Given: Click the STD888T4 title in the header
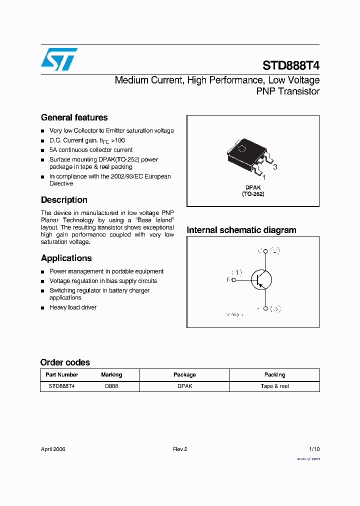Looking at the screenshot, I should click(291, 66).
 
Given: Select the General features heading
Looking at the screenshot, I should click(74, 117).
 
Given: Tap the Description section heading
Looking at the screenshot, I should click(64, 200).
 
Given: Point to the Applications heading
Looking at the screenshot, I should click(66, 258).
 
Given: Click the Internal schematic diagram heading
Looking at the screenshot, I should click(241, 230).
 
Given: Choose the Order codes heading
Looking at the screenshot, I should click(65, 362).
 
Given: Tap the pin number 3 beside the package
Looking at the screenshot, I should click(274, 167).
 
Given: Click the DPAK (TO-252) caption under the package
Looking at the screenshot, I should click(253, 190).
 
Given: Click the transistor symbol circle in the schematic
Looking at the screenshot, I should click(260, 280).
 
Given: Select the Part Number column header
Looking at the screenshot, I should click(61, 374).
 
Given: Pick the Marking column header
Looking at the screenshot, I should click(111, 374).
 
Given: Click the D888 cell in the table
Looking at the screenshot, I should click(111, 386).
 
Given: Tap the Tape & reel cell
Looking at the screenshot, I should click(274, 386).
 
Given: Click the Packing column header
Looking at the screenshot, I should click(274, 374).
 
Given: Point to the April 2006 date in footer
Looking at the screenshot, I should click(53, 449).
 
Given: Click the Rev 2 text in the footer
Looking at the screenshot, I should click(180, 449).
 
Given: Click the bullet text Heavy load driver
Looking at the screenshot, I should click(73, 307).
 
